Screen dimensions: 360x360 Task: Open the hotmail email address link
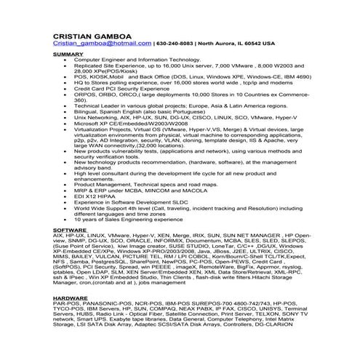pos(103,44)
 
